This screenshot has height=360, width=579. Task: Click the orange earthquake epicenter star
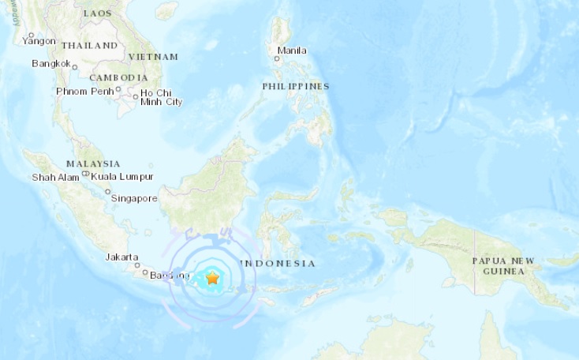pos(212,278)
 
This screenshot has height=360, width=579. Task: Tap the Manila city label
pos(292,51)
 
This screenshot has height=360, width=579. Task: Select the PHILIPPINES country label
pos(296,86)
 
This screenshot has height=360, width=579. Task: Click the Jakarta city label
pos(122,257)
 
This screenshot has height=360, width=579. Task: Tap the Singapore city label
pos(135,197)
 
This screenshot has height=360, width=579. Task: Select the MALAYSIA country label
pos(93,163)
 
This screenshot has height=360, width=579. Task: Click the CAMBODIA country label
pos(118,77)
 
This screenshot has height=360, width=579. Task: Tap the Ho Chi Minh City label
pos(162,97)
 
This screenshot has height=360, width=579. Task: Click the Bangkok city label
pos(51,63)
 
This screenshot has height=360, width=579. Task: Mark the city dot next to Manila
pos(276,58)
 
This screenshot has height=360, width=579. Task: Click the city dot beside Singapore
pos(108,191)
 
